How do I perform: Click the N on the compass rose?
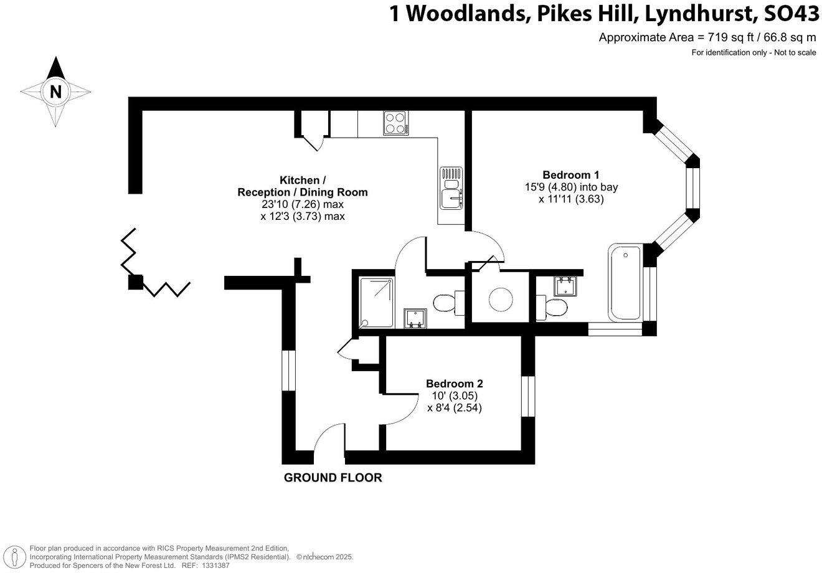(x=56, y=92)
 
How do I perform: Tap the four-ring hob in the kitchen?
(x=395, y=123)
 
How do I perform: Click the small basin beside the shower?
(x=413, y=318)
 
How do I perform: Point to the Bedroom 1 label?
(x=571, y=174)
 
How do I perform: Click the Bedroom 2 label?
(x=455, y=384)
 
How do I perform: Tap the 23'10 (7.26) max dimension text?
(x=303, y=204)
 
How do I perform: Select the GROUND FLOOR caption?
(x=333, y=478)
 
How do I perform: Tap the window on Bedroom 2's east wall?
(x=528, y=396)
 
